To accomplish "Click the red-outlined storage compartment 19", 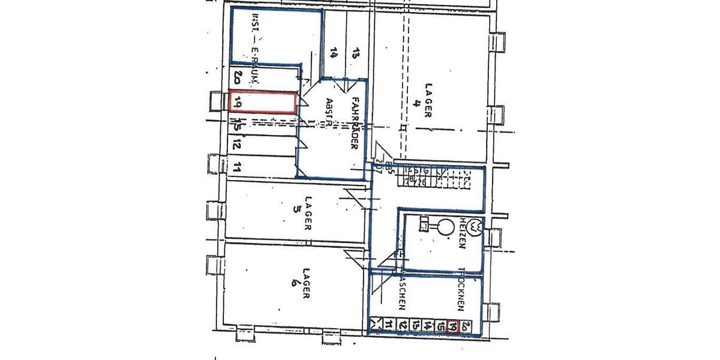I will pos(263,102).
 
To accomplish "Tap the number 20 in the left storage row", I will pos(238,77).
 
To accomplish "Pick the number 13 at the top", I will pos(355,55).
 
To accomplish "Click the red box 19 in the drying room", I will pos(454,326).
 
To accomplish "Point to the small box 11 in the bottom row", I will pos(389,326).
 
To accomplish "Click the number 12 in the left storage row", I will pos(238,144).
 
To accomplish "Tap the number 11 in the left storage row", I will pos(238,167).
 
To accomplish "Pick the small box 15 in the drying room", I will pos(441,326).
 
